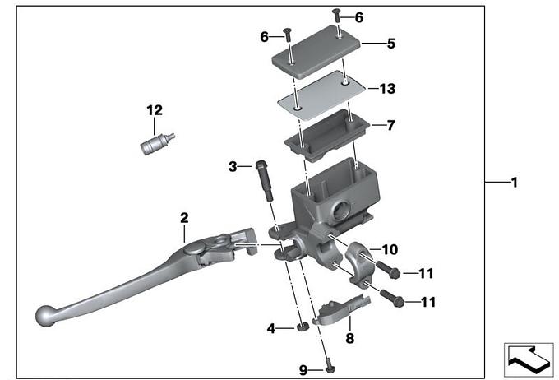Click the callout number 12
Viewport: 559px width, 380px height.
point(155,110)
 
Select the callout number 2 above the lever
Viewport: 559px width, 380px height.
point(184,218)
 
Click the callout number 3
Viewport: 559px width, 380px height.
point(233,167)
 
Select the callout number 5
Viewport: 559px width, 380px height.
point(390,44)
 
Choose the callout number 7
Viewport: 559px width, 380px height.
point(390,126)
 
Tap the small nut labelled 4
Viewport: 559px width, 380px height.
point(303,329)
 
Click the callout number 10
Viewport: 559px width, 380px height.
point(390,248)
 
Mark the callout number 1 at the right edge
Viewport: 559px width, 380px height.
point(514,183)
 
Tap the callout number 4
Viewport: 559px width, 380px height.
point(270,329)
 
